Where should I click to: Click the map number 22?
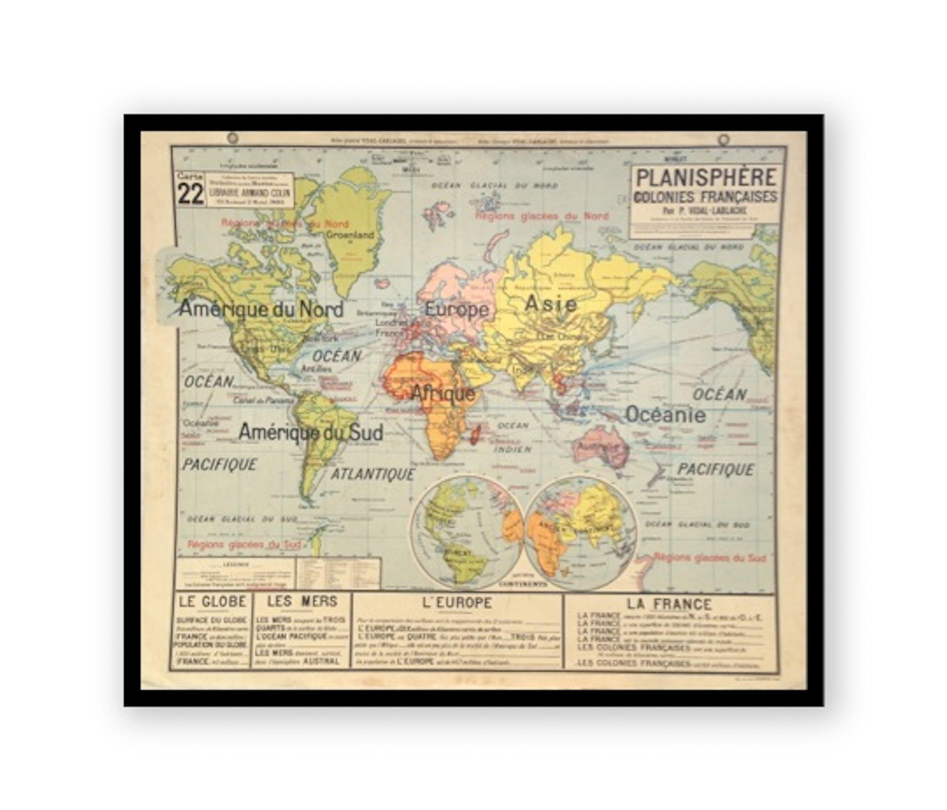[x=191, y=194]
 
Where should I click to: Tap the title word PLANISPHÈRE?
[x=706, y=177]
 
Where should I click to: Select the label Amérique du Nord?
[x=261, y=309]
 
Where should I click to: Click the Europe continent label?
[x=457, y=310]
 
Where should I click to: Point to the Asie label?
[x=551, y=304]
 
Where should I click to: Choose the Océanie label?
[x=665, y=415]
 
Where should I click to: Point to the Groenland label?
[x=351, y=235]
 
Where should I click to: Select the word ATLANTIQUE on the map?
[x=372, y=474]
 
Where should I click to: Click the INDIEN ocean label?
[x=512, y=449]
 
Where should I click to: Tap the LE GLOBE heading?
[x=213, y=601]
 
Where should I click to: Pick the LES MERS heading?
[x=302, y=601]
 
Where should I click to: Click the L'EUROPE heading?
[x=457, y=603]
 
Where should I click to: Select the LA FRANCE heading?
[x=669, y=604]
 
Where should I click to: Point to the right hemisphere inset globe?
[x=580, y=532]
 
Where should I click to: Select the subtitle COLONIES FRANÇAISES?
[x=706, y=197]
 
